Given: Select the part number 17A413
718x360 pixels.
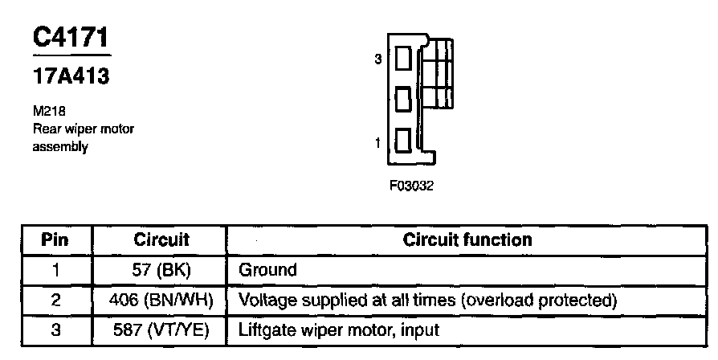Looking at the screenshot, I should (71, 77).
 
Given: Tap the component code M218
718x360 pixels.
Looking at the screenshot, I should (47, 112).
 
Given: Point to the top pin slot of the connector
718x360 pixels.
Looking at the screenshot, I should (404, 59).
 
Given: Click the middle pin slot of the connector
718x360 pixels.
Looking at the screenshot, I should (404, 99).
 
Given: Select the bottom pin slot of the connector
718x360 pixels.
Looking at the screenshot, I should (404, 140).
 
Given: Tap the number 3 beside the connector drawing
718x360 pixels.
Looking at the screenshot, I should (378, 59).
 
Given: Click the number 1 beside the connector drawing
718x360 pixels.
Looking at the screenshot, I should (378, 143).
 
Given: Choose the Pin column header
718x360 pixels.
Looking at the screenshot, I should (55, 239).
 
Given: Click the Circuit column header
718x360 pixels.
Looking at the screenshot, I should (161, 239).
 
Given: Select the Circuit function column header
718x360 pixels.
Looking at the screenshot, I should (467, 239).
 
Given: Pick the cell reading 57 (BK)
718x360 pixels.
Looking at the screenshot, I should (161, 270).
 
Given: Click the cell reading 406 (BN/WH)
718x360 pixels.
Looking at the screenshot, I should (161, 301).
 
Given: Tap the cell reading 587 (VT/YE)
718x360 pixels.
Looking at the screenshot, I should (161, 330).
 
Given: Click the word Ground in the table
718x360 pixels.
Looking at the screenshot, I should (267, 270).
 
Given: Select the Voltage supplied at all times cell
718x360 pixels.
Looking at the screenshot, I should (427, 301).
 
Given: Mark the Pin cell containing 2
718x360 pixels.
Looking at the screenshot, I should (55, 301).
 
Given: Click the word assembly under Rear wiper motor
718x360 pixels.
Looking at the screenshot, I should (60, 147).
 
